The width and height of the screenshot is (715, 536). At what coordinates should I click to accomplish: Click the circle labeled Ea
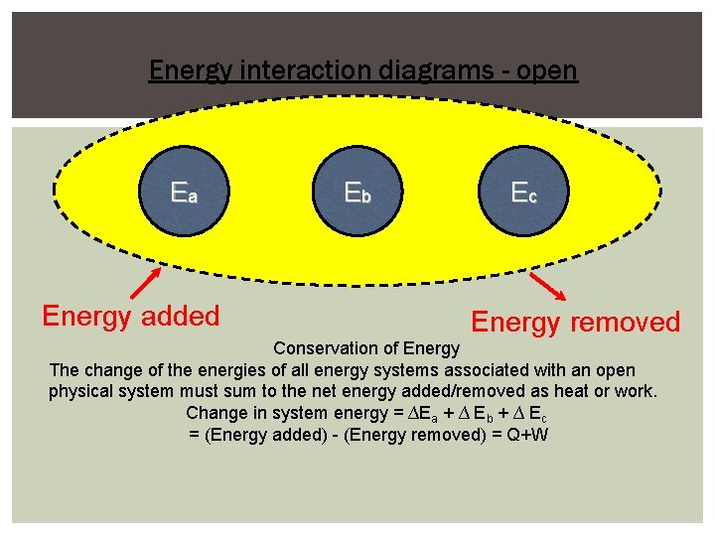tap(185, 193)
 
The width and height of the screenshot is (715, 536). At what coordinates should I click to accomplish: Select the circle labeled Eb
tap(357, 193)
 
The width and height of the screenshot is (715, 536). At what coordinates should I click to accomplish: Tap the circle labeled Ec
tap(524, 193)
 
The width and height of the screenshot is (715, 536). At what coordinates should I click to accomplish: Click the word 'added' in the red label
tap(181, 317)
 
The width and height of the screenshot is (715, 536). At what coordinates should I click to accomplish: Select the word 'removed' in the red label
tap(626, 323)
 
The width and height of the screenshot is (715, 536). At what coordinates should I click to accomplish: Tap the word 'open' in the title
tap(545, 71)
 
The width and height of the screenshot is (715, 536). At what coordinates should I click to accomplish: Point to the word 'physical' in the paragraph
tap(83, 391)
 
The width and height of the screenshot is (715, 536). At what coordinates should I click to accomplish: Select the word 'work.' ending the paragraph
tap(632, 391)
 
